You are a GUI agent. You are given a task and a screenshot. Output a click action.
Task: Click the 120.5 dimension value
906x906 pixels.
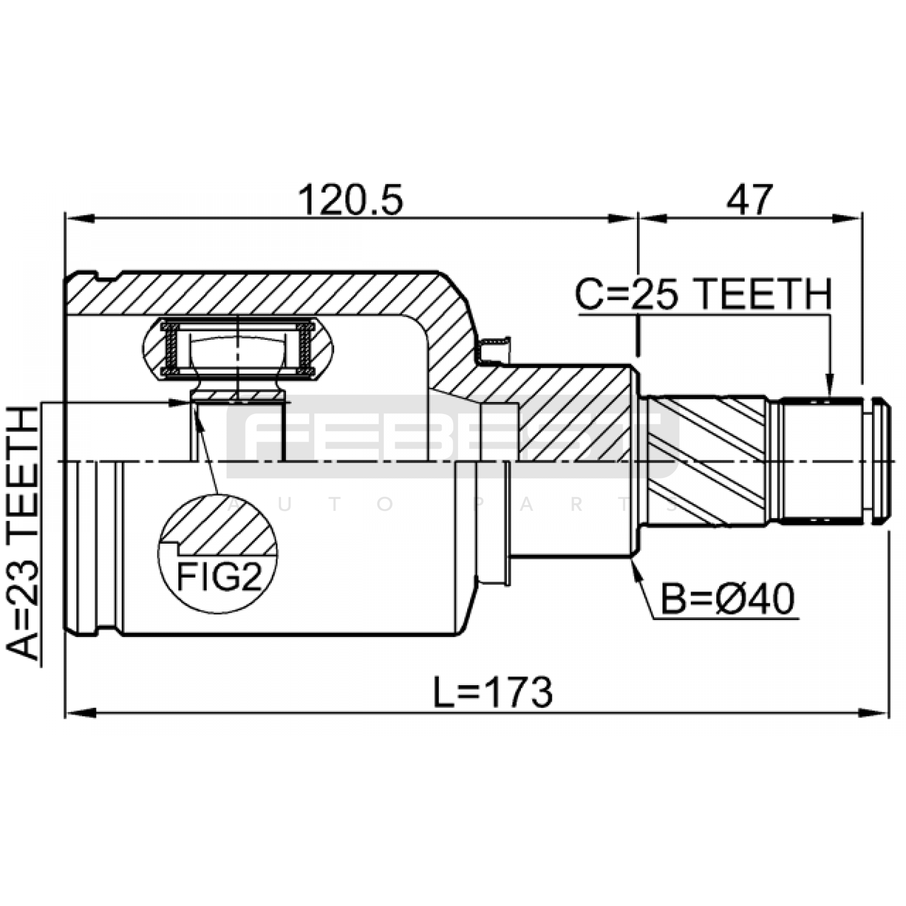pyautogui.click(x=351, y=200)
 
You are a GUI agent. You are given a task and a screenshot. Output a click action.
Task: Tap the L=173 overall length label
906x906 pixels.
pyautogui.click(x=493, y=692)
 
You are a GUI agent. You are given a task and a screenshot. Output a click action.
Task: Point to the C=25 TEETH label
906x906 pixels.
pyautogui.click(x=704, y=294)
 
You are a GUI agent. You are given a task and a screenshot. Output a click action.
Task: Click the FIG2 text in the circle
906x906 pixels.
pyautogui.click(x=219, y=577)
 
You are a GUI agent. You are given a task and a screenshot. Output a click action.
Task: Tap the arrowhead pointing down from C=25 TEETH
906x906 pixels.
pyautogui.click(x=829, y=386)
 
